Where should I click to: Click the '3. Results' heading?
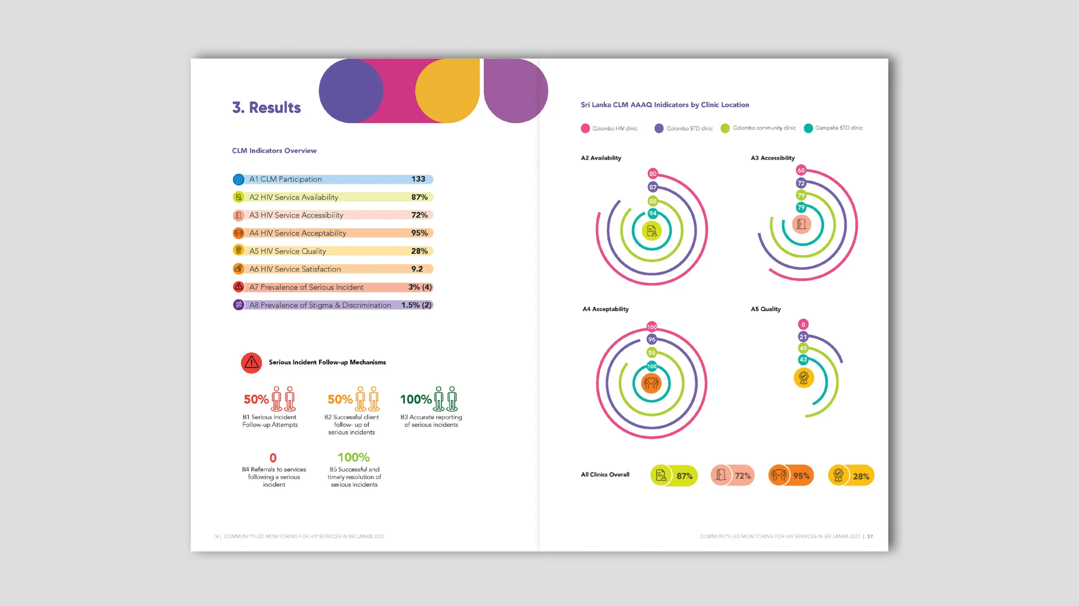(x=266, y=108)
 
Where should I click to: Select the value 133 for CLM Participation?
(x=418, y=179)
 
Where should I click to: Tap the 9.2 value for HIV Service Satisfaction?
(x=417, y=269)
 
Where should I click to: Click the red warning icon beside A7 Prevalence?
(x=239, y=287)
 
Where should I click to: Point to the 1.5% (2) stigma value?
(x=416, y=305)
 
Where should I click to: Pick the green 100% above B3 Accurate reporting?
(x=416, y=399)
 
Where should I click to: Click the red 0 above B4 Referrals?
(x=273, y=458)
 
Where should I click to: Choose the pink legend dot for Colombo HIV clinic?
(x=585, y=128)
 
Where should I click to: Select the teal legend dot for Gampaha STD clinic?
(x=808, y=128)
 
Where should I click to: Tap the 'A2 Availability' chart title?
(x=601, y=158)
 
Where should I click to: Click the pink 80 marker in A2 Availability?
(x=652, y=174)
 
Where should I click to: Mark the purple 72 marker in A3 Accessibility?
(x=801, y=183)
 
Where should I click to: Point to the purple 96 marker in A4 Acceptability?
(x=652, y=339)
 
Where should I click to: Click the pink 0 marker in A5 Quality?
(x=803, y=325)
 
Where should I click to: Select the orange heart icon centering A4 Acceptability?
(x=651, y=383)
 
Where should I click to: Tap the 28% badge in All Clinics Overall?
(x=851, y=476)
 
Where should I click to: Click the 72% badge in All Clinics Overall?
(x=733, y=476)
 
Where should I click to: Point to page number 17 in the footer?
(x=870, y=537)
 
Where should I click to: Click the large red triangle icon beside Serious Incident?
(x=251, y=363)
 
